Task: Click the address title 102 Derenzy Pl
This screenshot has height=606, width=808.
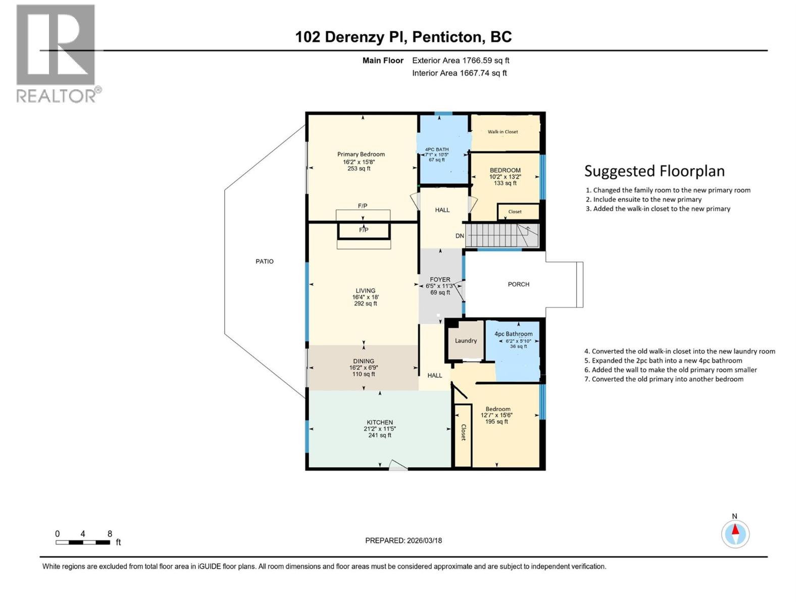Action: tap(403, 37)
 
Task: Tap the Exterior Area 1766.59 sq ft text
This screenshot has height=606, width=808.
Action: tap(460, 61)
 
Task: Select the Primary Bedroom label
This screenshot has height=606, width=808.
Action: tap(361, 155)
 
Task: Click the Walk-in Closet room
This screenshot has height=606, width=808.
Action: tap(503, 132)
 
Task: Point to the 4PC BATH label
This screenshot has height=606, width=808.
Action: tap(436, 149)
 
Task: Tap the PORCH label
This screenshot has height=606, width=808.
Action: tap(518, 284)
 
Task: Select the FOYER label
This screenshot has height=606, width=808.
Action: tap(440, 279)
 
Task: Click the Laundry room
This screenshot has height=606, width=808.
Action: tap(466, 341)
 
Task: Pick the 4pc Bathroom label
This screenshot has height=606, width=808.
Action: tap(513, 334)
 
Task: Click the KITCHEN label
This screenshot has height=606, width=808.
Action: tap(380, 422)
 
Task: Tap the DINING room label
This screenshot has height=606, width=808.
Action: tap(364, 361)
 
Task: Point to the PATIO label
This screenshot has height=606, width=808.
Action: tap(265, 262)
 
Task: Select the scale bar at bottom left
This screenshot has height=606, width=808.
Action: tap(83, 542)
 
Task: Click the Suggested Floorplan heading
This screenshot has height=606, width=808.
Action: tap(654, 171)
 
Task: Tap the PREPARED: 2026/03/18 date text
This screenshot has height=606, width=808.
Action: tap(403, 540)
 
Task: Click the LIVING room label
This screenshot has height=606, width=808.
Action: tap(365, 291)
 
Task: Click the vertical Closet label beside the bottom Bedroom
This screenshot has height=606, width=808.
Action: tap(463, 432)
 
